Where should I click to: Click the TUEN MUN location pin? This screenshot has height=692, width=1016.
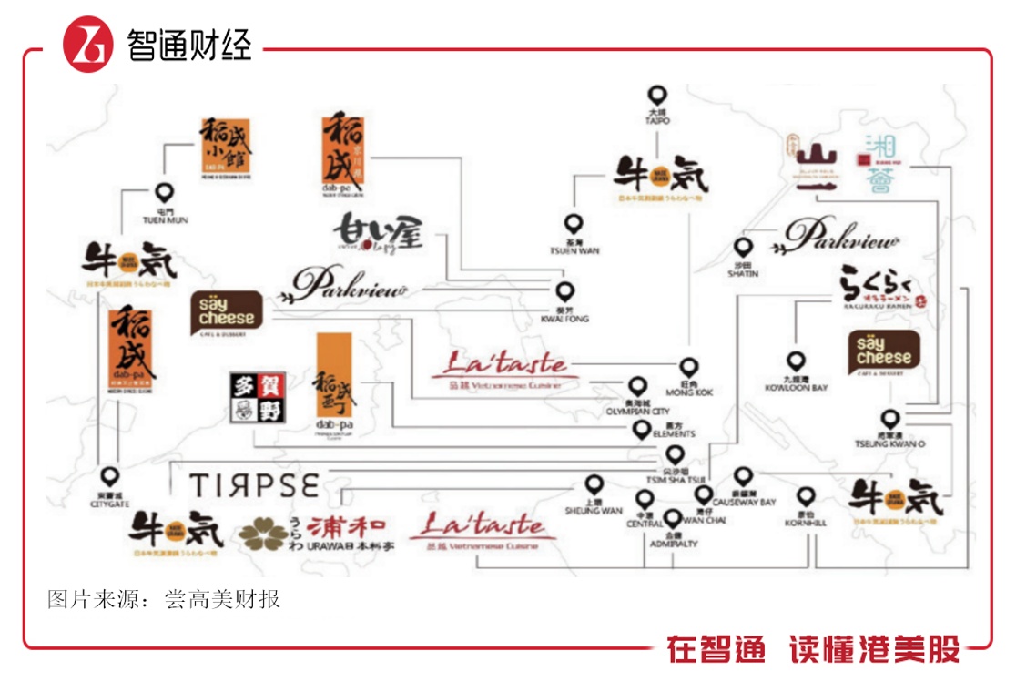pos(164,193)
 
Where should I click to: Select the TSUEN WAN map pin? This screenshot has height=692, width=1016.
pos(573,224)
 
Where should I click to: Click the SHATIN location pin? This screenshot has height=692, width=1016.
pos(743,248)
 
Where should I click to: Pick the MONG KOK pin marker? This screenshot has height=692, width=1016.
pos(689,367)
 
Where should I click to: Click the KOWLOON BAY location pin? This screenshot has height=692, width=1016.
pos(797,362)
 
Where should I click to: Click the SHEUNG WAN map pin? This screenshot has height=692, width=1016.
pos(594,484)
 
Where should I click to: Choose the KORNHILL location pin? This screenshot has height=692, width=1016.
pos(806,497)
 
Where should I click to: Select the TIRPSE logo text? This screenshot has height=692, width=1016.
pos(254,485)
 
